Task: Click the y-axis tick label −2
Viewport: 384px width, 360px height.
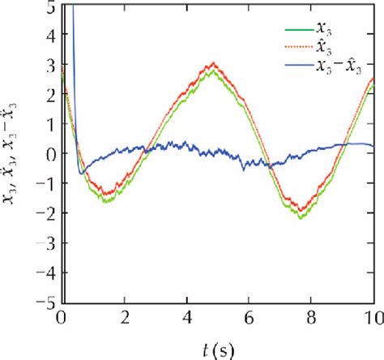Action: click(x=46, y=212)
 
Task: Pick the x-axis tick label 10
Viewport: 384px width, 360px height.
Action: click(x=373, y=317)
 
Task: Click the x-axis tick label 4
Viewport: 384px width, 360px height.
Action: click(x=187, y=317)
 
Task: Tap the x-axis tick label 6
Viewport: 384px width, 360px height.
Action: click(x=250, y=317)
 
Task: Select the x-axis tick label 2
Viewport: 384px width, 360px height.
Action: click(x=125, y=317)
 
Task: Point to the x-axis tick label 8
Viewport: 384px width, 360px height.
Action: click(x=312, y=317)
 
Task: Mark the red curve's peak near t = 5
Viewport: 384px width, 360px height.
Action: click(x=212, y=63)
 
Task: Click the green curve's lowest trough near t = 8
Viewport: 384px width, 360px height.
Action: click(x=301, y=216)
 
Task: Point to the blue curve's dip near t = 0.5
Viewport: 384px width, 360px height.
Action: click(x=81, y=172)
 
